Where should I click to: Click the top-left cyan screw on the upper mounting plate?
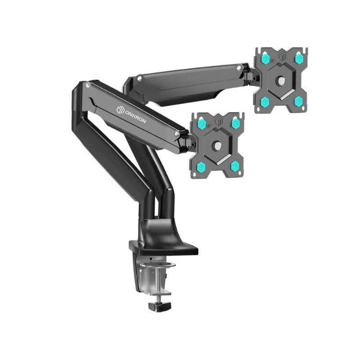click(x=265, y=58)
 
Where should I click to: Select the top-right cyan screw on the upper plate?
click(x=298, y=58)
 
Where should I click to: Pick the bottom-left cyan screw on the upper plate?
click(x=265, y=101)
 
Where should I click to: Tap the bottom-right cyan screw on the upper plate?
click(x=298, y=101)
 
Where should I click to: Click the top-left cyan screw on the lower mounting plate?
click(x=202, y=124)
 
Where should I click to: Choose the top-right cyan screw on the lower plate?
click(x=234, y=123)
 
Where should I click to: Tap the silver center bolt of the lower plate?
click(x=217, y=145)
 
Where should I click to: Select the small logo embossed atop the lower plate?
click(x=218, y=120)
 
